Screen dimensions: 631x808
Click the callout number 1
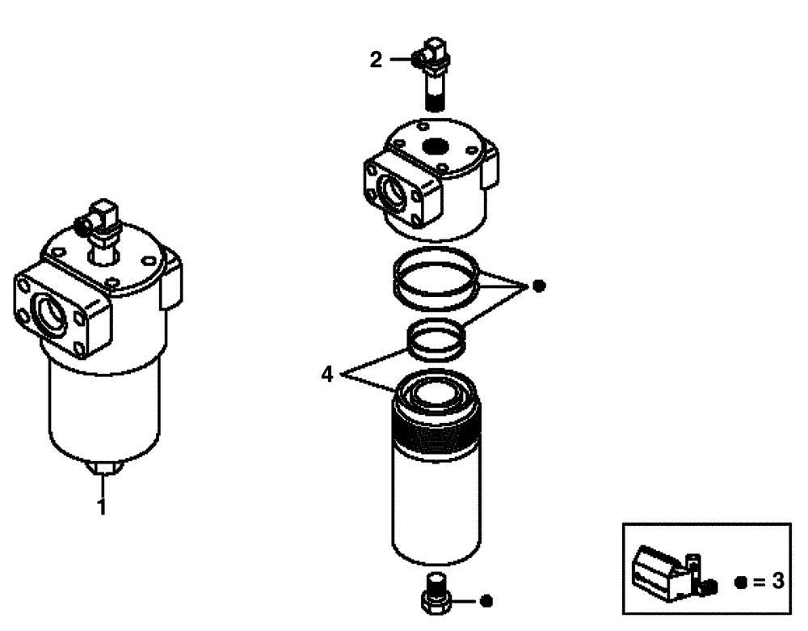pyautogui.click(x=102, y=509)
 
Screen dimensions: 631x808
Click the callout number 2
pyautogui.click(x=377, y=60)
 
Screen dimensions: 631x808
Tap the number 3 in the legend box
pyautogui.click(x=778, y=582)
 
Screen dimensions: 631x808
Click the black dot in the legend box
pyautogui.click(x=741, y=582)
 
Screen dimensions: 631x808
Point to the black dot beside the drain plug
pyautogui.click(x=485, y=601)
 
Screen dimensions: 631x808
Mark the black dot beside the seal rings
pyautogui.click(x=539, y=286)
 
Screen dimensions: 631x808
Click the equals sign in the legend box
pyautogui.click(x=758, y=582)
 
